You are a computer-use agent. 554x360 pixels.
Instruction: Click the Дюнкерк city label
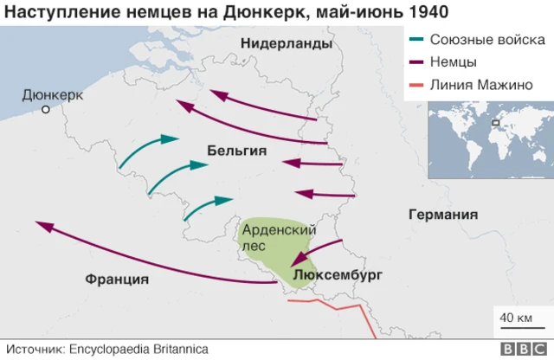point(52,94)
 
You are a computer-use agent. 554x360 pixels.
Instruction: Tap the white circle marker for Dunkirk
point(47,110)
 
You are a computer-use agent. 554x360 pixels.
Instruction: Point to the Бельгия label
point(236,151)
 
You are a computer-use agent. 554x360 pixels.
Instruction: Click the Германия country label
point(443,215)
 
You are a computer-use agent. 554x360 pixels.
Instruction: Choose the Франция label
point(117,279)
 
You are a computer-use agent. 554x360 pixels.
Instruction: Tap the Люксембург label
point(337,276)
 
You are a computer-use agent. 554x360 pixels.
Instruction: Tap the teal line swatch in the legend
point(416,41)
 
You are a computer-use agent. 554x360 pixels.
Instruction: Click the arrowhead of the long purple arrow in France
point(42,226)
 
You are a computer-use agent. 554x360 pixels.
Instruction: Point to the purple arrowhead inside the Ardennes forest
point(296,260)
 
